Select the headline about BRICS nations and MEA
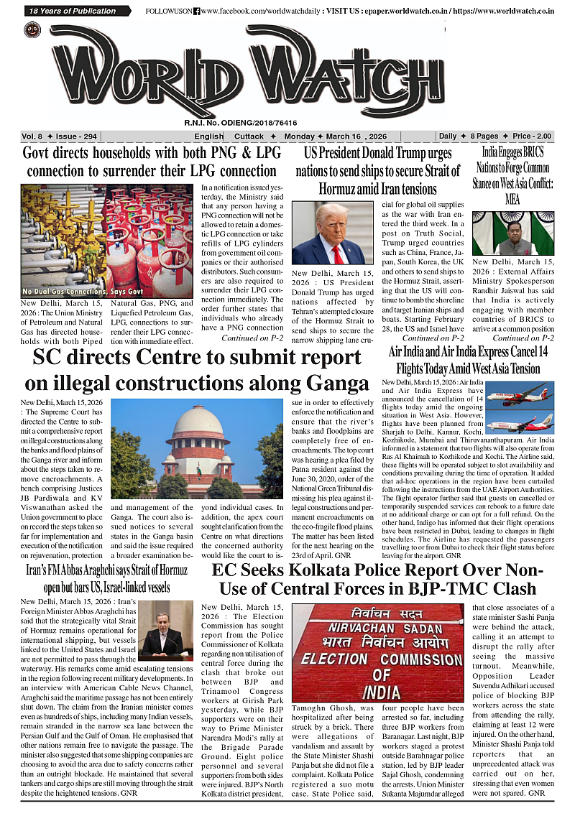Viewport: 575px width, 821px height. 512,175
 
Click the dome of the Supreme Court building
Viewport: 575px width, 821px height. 198,421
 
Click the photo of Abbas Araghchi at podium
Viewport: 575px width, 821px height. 165,630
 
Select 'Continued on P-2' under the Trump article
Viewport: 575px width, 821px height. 433,338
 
